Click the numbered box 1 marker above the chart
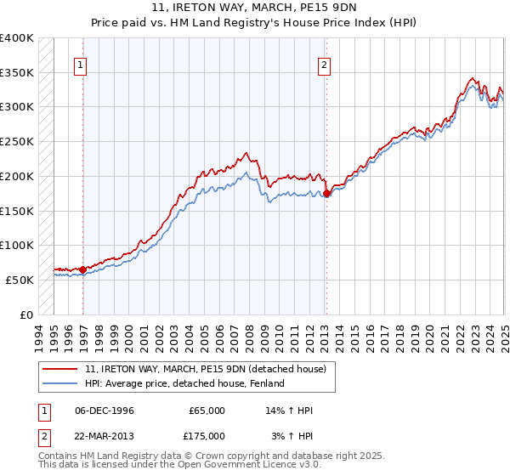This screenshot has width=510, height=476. coord(79,64)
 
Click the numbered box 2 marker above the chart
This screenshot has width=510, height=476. coord(325,64)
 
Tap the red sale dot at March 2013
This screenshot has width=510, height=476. coord(327,194)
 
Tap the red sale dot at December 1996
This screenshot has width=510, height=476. coord(82,269)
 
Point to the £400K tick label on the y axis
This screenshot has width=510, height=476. coord(17,38)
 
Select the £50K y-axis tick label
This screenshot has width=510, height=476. coord(20,280)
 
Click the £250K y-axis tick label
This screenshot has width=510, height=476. coord(17,142)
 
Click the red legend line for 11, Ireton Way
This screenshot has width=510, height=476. coord(59,369)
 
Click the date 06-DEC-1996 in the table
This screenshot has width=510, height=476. coord(105,411)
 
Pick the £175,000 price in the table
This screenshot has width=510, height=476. coord(207,435)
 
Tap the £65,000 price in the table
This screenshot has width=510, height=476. coord(207,411)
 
